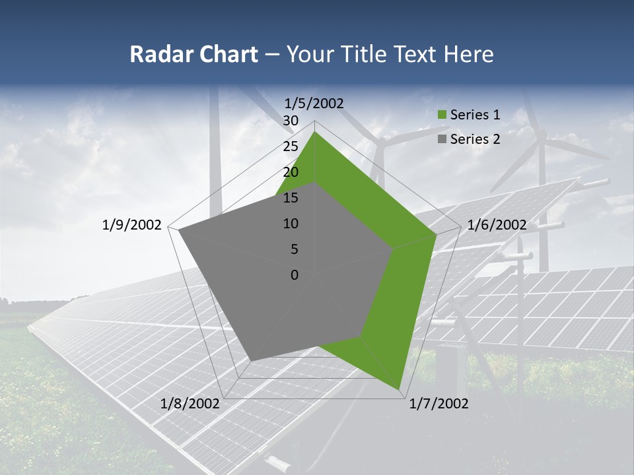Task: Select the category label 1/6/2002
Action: (497, 225)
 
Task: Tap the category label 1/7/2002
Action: (439, 404)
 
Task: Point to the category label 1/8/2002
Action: (190, 404)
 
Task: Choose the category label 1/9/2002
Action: (132, 225)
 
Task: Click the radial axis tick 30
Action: (291, 121)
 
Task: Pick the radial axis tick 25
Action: (291, 146)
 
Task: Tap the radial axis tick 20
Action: (291, 172)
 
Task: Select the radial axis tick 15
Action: (291, 198)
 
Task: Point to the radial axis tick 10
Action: (291, 224)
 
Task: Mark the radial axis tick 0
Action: (295, 275)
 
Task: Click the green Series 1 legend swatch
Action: (442, 115)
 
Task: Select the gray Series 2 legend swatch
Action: (442, 139)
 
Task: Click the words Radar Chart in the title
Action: (194, 55)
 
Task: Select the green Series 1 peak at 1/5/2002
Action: (314, 132)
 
